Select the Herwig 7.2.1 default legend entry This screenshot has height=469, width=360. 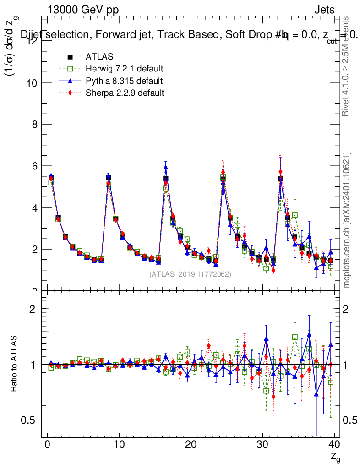pyautogui.click(x=124, y=69)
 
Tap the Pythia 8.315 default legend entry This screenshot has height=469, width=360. pyautogui.click(x=124, y=81)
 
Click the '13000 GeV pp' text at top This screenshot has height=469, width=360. pyautogui.click(x=83, y=10)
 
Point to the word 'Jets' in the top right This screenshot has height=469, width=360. pyautogui.click(x=324, y=10)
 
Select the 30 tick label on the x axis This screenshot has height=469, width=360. pyautogui.click(x=262, y=444)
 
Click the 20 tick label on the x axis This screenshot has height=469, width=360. pyautogui.click(x=191, y=444)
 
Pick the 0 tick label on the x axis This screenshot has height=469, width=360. pyautogui.click(x=48, y=444)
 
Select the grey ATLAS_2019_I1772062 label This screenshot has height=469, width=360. pyautogui.click(x=190, y=274)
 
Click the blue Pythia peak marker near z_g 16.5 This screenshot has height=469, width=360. pyautogui.click(x=166, y=168)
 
